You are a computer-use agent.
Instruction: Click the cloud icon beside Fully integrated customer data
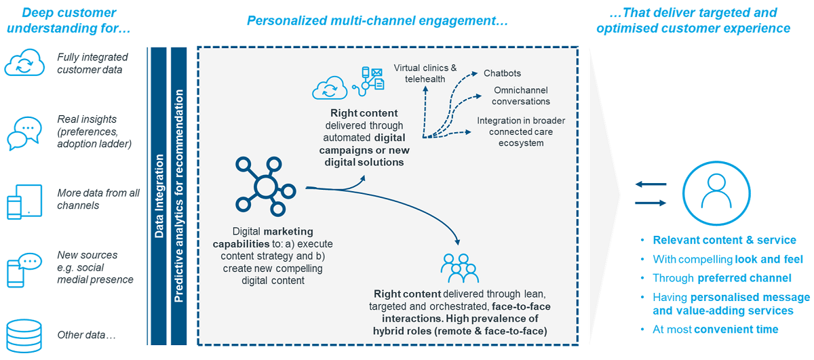click(24, 63)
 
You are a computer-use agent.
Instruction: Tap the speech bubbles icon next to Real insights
click(24, 133)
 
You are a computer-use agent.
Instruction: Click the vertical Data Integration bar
click(158, 197)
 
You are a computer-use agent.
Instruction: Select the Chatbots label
click(502, 73)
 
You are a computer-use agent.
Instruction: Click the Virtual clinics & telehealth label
click(425, 73)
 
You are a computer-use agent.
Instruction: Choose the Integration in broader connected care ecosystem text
click(521, 132)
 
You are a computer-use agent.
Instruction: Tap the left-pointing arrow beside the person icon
click(651, 184)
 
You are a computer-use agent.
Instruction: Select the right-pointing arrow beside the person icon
click(651, 202)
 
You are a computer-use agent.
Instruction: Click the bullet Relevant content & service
click(724, 241)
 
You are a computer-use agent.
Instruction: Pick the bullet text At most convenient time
click(715, 329)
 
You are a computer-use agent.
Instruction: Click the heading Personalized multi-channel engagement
click(377, 20)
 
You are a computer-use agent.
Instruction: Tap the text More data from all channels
click(98, 199)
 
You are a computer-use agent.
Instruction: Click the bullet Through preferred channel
click(722, 277)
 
